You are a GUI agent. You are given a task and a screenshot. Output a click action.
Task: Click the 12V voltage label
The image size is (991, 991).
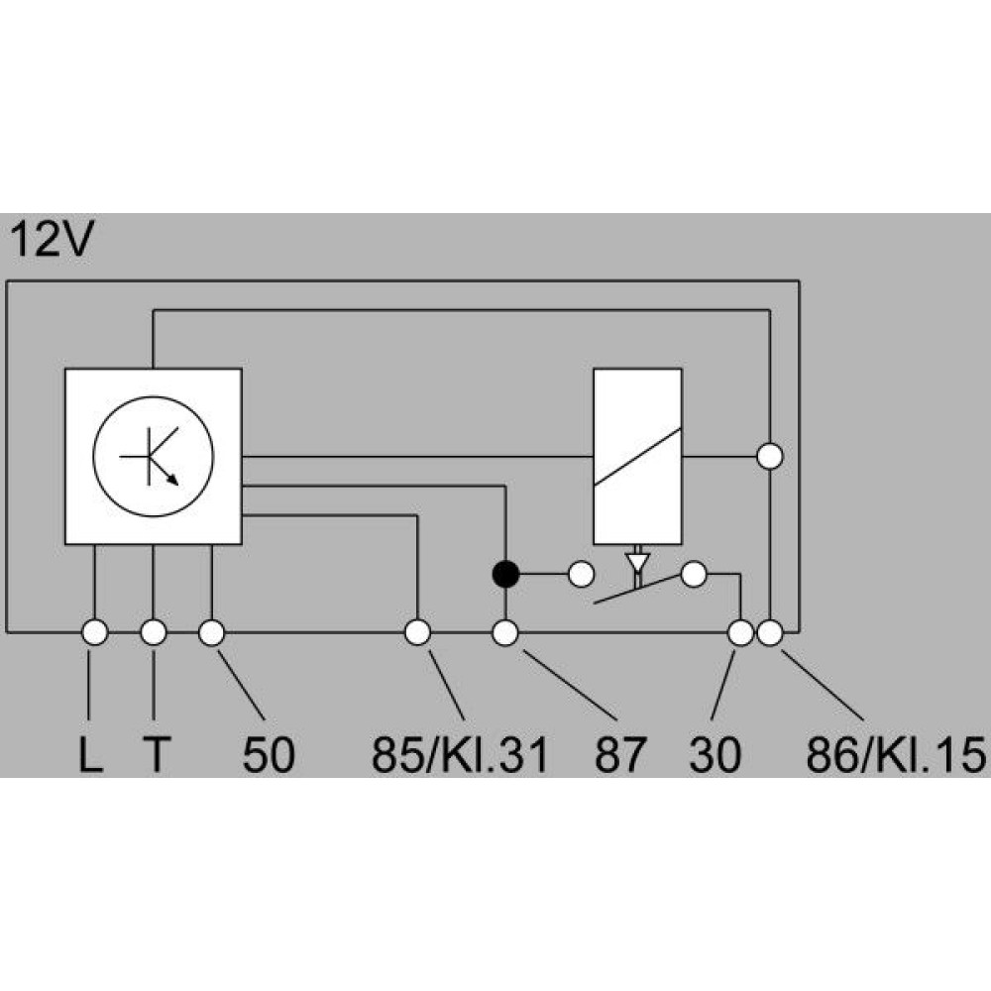click(52, 240)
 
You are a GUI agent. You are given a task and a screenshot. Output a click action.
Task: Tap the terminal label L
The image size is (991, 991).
click(90, 754)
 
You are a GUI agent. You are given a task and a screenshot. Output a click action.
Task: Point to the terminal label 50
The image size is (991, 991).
click(268, 754)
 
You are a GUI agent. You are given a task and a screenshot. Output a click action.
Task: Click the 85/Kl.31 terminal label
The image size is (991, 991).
click(459, 754)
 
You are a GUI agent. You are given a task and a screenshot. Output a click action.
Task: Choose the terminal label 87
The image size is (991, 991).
click(620, 754)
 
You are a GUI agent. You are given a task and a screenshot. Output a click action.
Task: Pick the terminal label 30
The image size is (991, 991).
click(715, 754)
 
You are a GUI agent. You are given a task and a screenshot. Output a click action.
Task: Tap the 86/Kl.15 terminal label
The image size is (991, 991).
click(896, 754)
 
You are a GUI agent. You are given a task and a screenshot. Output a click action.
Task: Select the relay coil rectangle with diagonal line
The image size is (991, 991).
click(637, 456)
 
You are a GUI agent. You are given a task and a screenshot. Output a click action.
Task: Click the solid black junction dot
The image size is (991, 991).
click(505, 575)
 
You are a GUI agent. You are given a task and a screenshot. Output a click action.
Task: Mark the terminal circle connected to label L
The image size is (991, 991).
click(95, 632)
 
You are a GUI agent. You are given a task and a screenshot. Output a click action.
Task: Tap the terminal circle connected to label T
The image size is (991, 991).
click(154, 632)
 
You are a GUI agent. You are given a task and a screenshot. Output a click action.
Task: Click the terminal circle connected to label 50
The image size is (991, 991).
click(212, 632)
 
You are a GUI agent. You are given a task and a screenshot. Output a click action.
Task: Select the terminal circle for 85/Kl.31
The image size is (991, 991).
click(417, 632)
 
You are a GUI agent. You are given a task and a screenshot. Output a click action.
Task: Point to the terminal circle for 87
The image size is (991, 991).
click(505, 632)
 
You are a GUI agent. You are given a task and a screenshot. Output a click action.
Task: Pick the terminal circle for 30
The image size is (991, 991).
click(740, 632)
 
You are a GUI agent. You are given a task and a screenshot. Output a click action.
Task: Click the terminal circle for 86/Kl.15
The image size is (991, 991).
click(770, 632)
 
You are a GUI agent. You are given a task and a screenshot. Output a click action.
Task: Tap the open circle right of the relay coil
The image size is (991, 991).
click(770, 456)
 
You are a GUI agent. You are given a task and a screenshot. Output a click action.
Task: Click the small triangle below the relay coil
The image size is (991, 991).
click(637, 561)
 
